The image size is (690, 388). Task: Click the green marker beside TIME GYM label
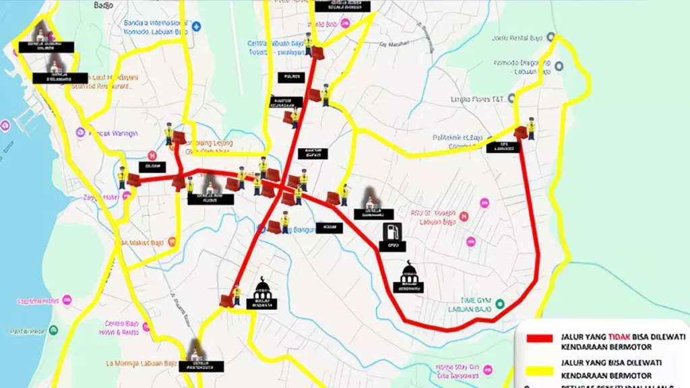499,304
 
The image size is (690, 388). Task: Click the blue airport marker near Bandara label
196,26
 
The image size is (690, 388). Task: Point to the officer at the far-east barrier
531,128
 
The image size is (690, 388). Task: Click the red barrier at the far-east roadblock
520,133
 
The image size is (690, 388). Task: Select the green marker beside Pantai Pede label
53,330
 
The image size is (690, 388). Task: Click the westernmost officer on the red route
122,177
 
